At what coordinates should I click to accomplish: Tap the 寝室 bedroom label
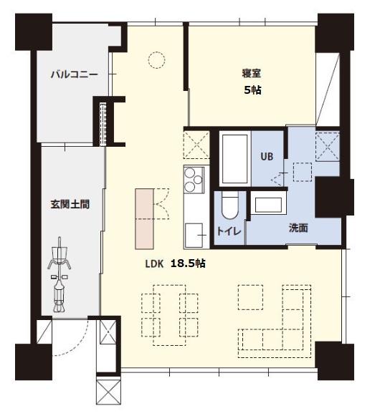tap(252, 73)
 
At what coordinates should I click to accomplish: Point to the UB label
tap(267, 155)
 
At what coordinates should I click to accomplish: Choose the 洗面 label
tap(298, 229)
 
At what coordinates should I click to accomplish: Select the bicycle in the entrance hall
tap(59, 275)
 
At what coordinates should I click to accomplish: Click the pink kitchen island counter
tap(145, 218)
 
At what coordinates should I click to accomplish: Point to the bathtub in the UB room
tap(233, 159)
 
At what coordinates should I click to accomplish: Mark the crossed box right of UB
tap(328, 147)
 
